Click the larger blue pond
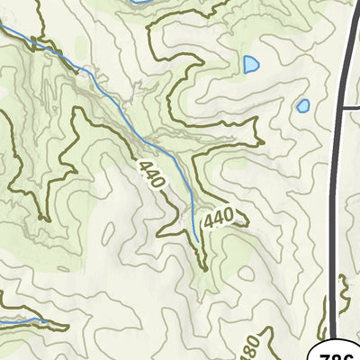250,65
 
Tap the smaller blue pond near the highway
303,105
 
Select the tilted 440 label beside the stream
152,174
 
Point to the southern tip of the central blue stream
197,241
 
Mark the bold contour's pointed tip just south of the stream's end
205,268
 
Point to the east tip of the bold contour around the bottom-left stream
67,326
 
